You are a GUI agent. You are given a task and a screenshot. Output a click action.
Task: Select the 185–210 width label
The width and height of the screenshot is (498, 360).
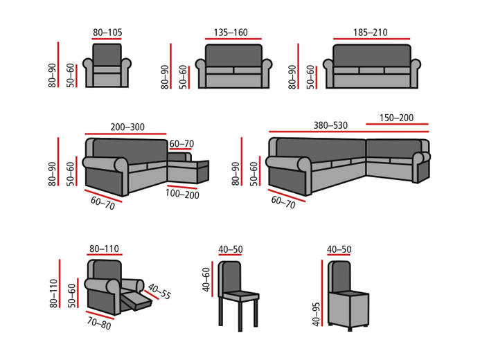(370, 32)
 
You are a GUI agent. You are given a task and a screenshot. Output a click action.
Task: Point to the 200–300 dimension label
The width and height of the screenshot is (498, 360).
(127, 127)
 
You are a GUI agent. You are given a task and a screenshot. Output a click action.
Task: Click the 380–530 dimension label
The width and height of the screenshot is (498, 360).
(330, 125)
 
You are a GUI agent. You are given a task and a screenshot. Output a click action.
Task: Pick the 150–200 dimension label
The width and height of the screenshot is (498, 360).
(397, 118)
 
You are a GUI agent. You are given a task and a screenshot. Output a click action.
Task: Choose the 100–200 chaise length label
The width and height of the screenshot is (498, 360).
(182, 194)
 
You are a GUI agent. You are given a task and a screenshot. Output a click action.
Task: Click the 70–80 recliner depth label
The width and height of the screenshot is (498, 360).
(98, 323)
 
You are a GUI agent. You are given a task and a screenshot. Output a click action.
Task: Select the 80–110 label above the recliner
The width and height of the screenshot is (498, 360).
(105, 249)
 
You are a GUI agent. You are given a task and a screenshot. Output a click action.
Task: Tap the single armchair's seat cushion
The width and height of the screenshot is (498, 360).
(107, 69)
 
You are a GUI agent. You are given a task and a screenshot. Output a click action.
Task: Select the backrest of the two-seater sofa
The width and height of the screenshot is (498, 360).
(233, 55)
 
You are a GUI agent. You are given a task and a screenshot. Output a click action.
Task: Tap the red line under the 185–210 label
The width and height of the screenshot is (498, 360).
(370, 39)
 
